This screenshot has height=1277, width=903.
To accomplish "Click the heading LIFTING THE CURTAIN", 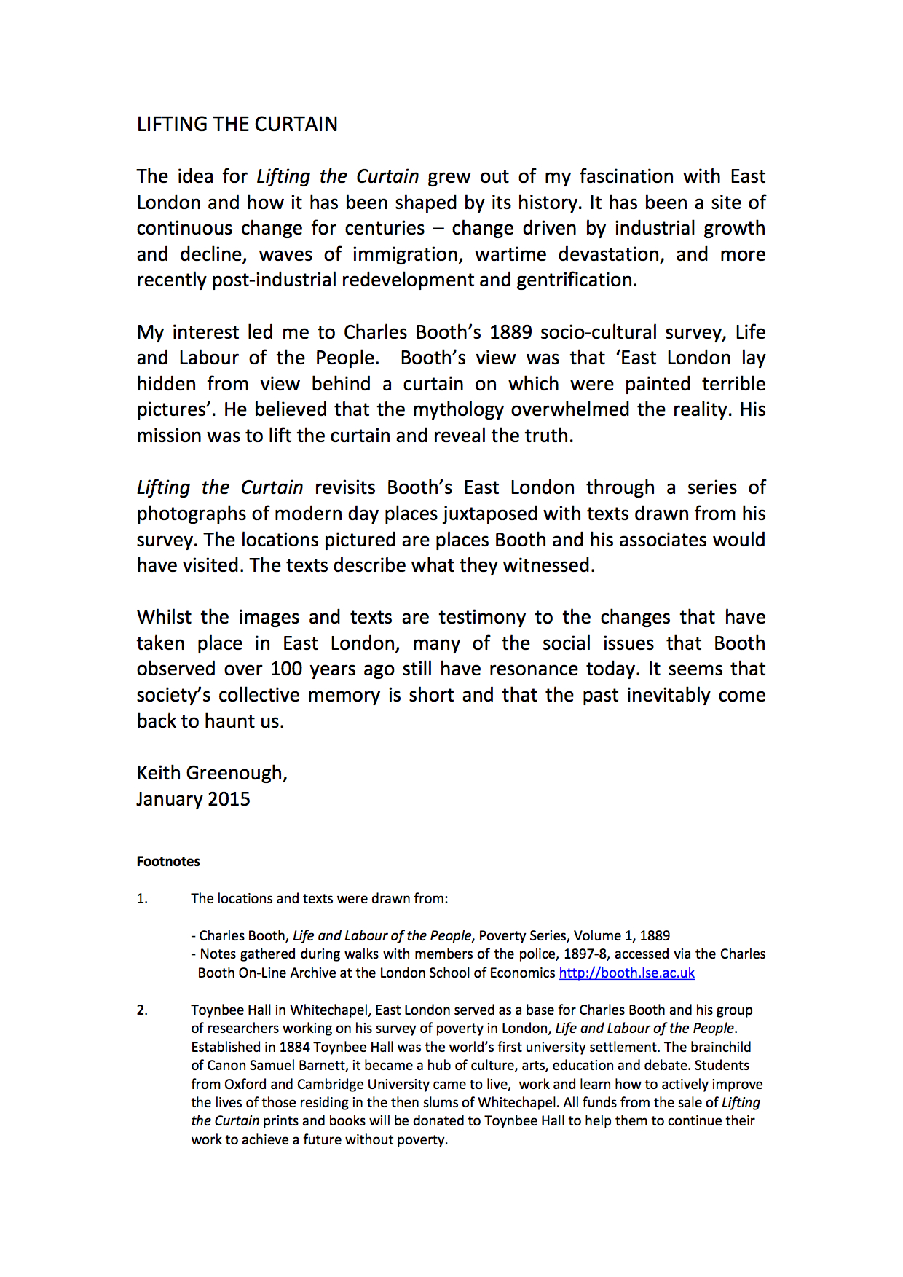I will pyautogui.click(x=237, y=125).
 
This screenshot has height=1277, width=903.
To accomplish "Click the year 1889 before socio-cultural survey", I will pyautogui.click(x=510, y=333).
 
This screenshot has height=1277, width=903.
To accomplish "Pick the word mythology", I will pyautogui.click(x=458, y=410).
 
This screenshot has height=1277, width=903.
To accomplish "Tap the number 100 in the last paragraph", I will pyautogui.click(x=287, y=669).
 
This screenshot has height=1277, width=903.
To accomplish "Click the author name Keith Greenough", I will pyautogui.click(x=211, y=774).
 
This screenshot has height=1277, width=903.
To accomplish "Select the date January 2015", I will pyautogui.click(x=193, y=799).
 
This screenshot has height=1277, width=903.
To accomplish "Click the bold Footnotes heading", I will pyautogui.click(x=168, y=862).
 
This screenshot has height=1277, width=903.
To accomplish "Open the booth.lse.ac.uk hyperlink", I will pyautogui.click(x=626, y=973).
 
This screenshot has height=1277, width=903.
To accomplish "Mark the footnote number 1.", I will pyautogui.click(x=142, y=899).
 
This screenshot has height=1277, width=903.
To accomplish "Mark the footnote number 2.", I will pyautogui.click(x=142, y=1010).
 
